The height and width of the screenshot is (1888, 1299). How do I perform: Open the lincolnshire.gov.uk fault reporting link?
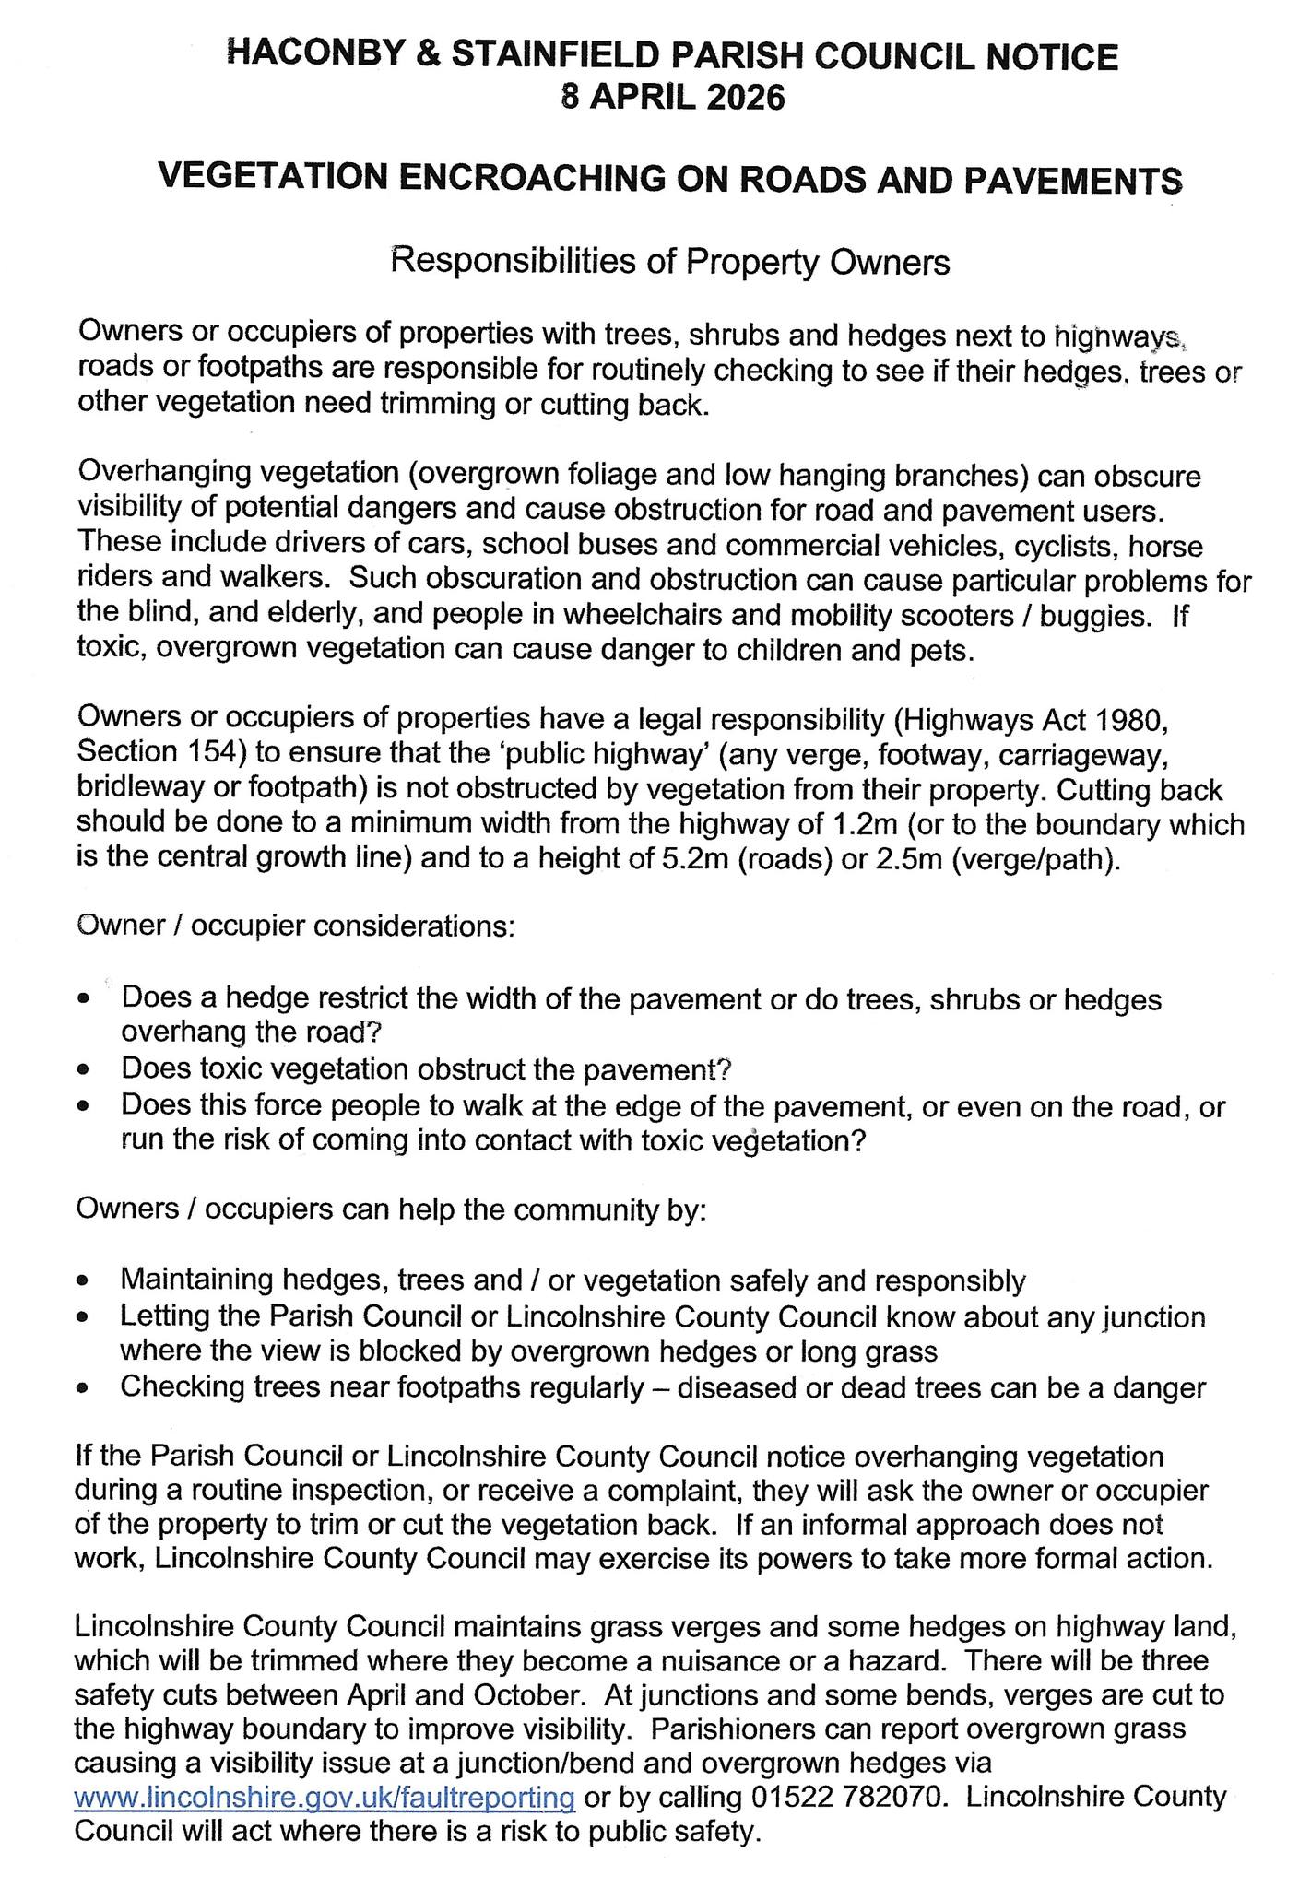(325, 1797)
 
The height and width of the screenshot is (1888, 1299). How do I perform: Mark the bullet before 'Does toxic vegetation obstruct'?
(85, 1070)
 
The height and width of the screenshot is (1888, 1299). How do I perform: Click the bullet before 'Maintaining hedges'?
(85, 1281)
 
